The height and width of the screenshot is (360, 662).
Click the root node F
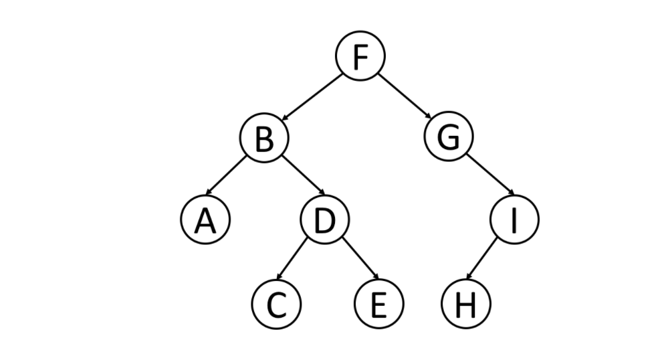coord(360,58)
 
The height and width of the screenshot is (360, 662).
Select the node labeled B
coord(264,139)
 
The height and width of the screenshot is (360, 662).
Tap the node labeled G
coord(449,138)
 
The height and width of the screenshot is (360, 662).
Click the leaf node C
coord(275,304)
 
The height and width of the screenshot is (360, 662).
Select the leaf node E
coord(378,304)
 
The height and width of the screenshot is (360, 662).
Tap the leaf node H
coord(466,304)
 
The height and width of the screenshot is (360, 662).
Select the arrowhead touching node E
coord(376,279)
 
